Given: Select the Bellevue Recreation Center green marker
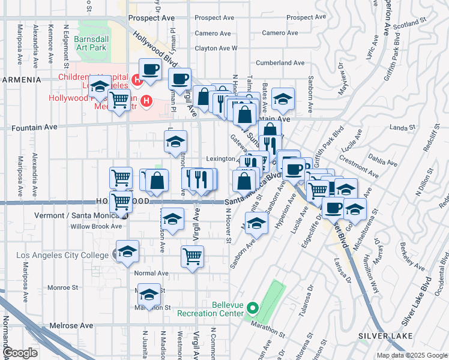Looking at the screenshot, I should click(x=253, y=308).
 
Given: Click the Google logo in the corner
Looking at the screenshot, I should click(x=20, y=353).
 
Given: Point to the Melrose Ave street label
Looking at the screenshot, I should click(x=71, y=325).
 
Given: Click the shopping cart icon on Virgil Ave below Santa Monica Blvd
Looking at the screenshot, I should click(x=192, y=256).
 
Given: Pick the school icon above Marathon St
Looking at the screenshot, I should click(x=149, y=294).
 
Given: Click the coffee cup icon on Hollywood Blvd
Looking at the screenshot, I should click(x=150, y=69).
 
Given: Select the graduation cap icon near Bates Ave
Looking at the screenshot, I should click(x=282, y=99).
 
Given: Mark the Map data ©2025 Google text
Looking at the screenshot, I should click(x=412, y=355).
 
